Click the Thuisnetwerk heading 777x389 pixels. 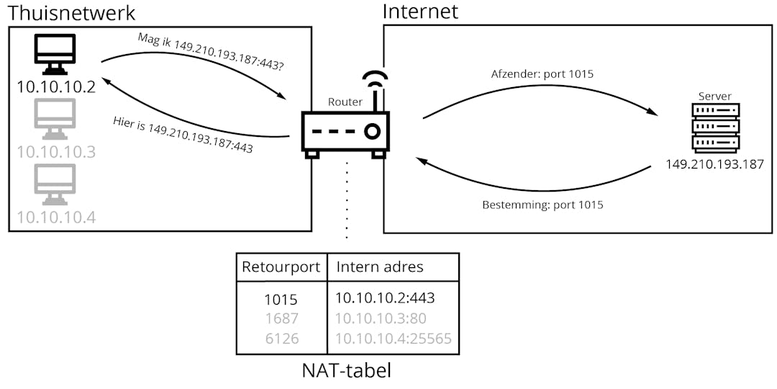point(71,12)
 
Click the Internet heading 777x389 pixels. point(420,12)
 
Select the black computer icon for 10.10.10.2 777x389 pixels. point(55,55)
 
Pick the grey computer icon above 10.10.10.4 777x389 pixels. point(55,185)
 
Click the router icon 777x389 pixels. point(346,133)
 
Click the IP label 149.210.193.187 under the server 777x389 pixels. point(714,164)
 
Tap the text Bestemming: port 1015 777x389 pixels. point(542,205)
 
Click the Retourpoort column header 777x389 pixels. point(281,267)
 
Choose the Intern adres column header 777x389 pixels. point(380,267)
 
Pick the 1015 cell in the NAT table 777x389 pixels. point(280,298)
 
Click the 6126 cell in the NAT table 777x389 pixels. point(280,338)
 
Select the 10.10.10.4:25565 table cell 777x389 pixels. point(394,338)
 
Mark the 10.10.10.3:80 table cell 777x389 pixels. point(381,318)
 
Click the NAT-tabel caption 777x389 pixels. point(347,371)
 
